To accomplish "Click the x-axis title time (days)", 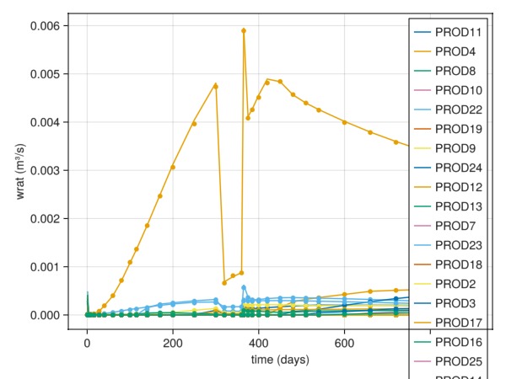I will (280, 360).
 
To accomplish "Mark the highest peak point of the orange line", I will (244, 30).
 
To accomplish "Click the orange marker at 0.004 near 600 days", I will (345, 122).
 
